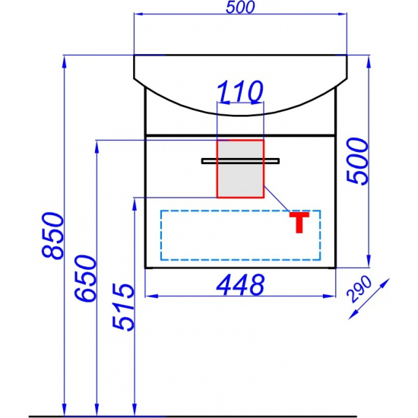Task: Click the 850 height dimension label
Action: point(53,236)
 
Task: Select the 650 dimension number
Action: point(85,278)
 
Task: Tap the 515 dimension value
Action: point(122,306)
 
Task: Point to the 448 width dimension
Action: point(240,285)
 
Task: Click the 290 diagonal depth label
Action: point(359,290)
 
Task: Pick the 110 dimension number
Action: point(240,92)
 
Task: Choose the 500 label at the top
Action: point(240,7)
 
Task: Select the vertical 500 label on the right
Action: point(357,161)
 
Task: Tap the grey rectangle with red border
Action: point(240,169)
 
